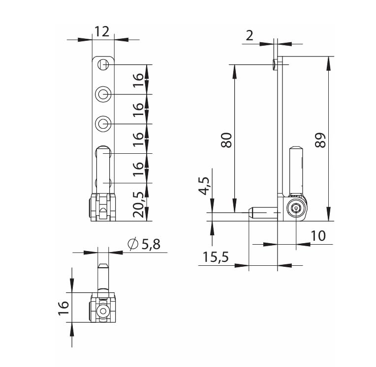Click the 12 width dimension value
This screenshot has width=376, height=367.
(102, 31)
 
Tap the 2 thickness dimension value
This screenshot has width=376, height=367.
(250, 36)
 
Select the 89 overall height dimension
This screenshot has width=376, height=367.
(320, 140)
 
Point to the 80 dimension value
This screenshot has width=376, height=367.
(226, 140)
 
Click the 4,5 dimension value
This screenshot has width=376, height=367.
(204, 186)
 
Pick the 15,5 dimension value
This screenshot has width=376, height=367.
(216, 257)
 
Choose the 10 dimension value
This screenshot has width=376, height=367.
(318, 236)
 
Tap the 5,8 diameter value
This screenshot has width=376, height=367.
(151, 245)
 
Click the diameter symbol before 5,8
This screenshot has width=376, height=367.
(133, 244)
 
